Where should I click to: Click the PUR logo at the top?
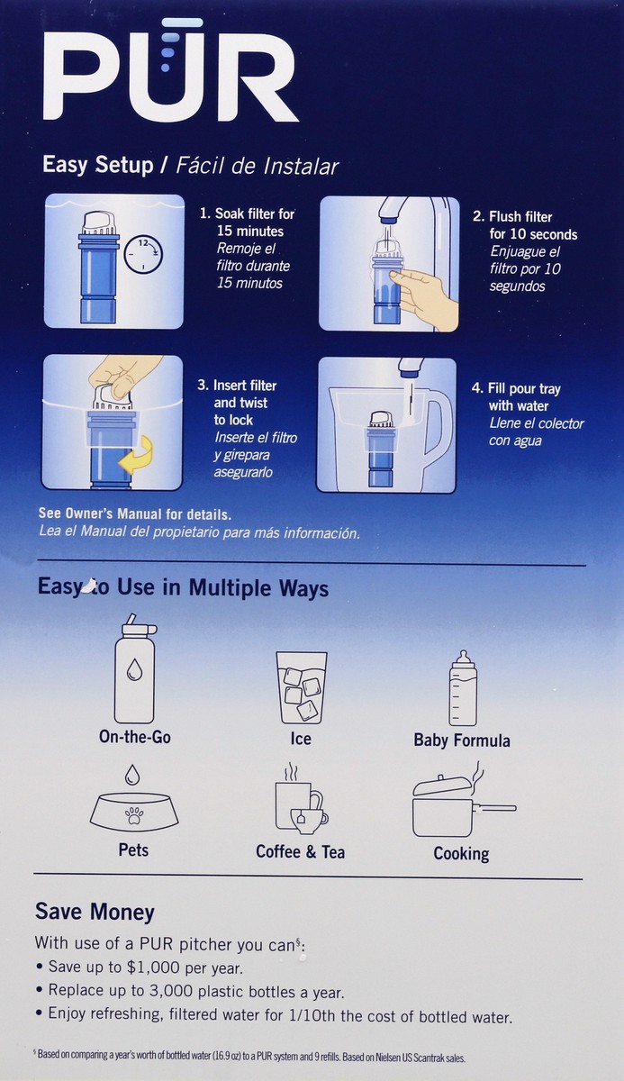(x=171, y=70)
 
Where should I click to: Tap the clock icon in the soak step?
(x=143, y=254)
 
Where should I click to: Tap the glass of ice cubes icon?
(x=302, y=687)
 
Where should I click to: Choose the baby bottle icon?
(x=463, y=687)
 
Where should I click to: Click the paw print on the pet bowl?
(x=134, y=816)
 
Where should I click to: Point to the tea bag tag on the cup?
(x=302, y=818)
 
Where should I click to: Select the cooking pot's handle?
(x=494, y=808)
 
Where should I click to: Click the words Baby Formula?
(x=462, y=740)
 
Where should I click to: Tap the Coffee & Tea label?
(x=301, y=852)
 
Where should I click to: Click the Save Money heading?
(x=95, y=912)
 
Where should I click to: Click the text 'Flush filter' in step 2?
(x=520, y=217)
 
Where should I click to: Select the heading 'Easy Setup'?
(x=98, y=165)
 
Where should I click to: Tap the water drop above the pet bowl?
(x=132, y=775)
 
